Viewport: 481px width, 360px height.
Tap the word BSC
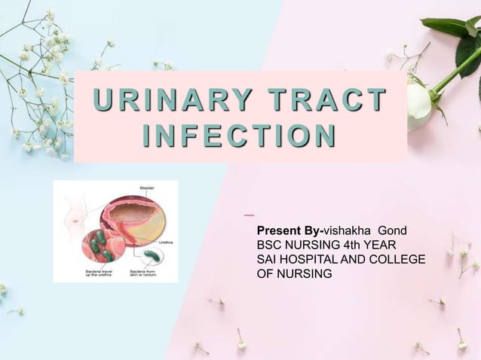tap(271, 245)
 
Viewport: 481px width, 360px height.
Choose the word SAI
tap(268, 260)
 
